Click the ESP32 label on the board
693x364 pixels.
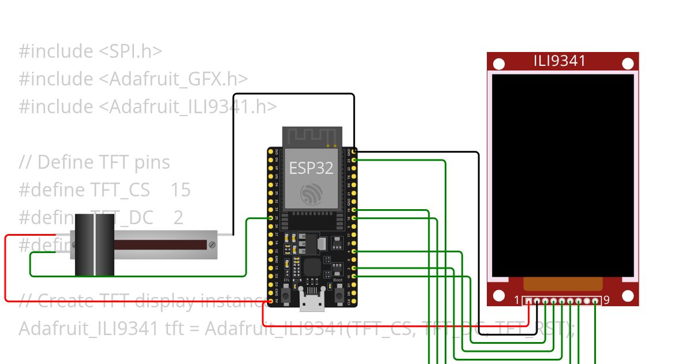pos(311,168)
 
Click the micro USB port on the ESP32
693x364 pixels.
pos(312,301)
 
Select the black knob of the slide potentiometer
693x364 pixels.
pos(95,245)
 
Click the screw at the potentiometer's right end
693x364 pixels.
pos(213,245)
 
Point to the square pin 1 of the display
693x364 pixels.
pos(528,301)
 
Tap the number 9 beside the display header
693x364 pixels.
pos(606,300)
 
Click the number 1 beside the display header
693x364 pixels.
pos(517,300)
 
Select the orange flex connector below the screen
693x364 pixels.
pos(563,284)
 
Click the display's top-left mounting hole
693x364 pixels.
pos(500,64)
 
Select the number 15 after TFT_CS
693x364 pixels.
pos(181,190)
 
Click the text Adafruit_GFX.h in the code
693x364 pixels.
pos(177,79)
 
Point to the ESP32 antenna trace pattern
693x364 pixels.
pos(312,137)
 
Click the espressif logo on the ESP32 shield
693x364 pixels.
pos(312,194)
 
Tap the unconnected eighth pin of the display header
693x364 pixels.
pos(587,301)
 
